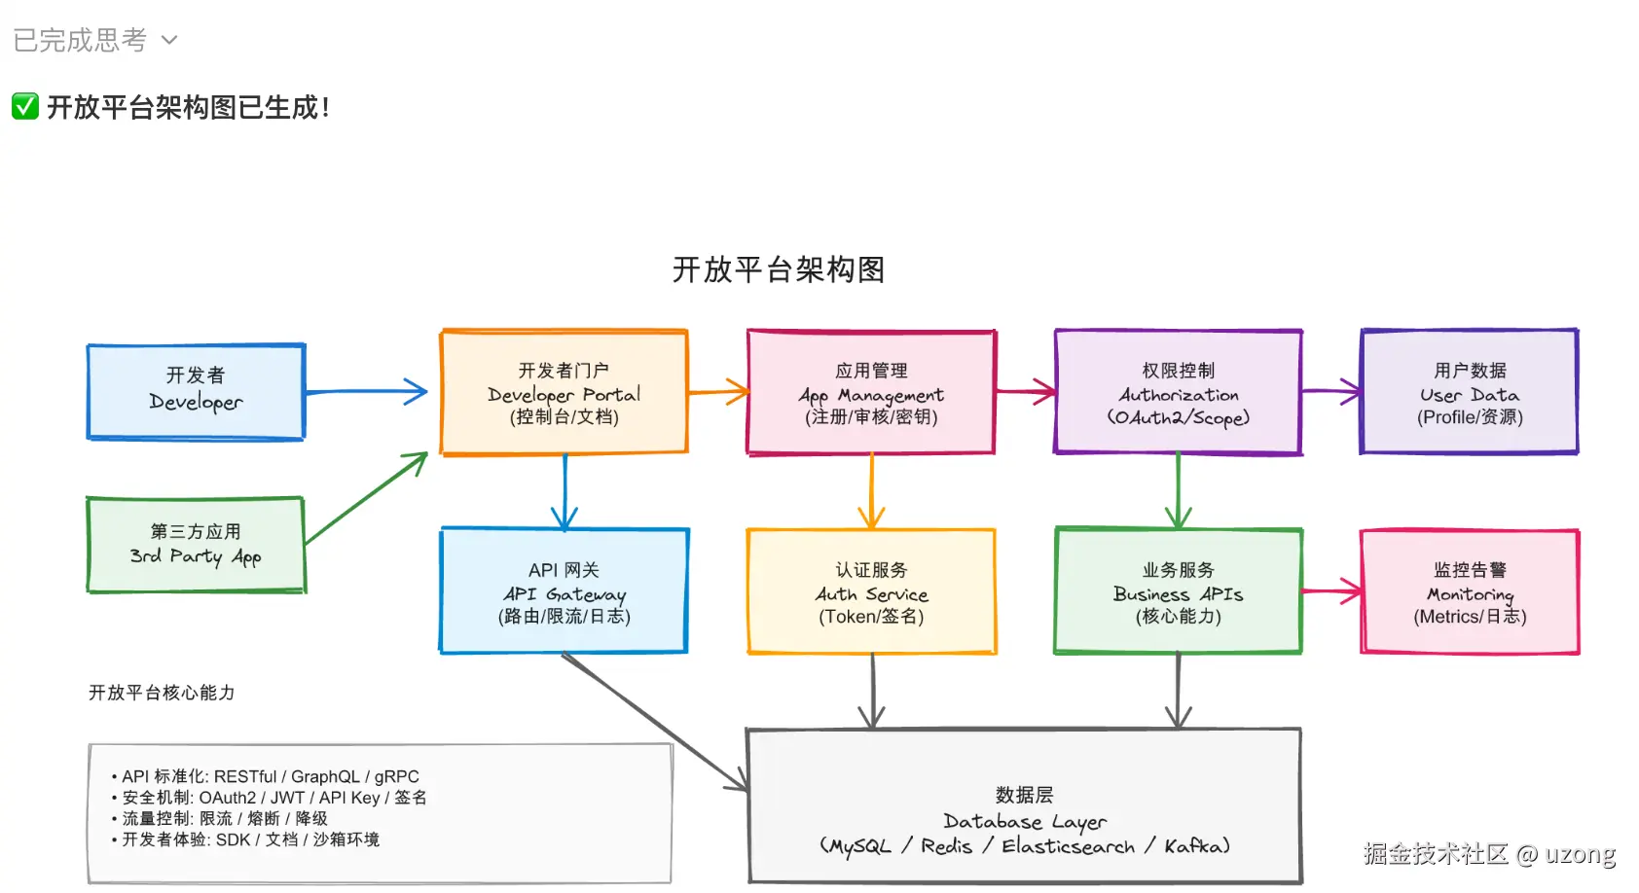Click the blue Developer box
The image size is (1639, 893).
click(196, 391)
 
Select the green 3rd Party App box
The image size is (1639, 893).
click(196, 545)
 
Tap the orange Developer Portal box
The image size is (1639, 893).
click(565, 392)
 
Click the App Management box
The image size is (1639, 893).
click(871, 392)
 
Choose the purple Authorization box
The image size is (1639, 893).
click(1178, 392)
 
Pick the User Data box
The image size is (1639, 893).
click(1470, 392)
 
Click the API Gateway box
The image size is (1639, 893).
click(565, 591)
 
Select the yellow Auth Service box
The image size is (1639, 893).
click(871, 591)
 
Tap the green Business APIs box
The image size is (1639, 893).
click(1178, 591)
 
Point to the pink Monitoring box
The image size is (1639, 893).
click(1470, 591)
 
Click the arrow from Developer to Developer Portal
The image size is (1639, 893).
click(365, 392)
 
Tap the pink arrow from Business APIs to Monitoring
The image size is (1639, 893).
click(1330, 590)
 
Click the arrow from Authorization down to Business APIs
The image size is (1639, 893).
click(1178, 490)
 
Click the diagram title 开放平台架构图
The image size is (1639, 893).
click(779, 269)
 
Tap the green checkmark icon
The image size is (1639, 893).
click(25, 106)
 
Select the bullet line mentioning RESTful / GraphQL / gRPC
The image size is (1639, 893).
click(271, 776)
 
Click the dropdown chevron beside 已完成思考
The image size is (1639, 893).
click(169, 40)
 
